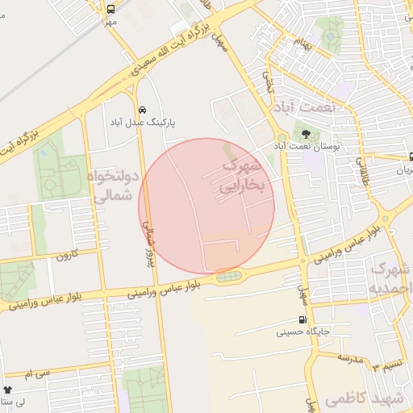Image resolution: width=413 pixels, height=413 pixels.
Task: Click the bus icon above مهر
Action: click(111, 9)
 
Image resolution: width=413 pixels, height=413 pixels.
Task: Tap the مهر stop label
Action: click(110, 22)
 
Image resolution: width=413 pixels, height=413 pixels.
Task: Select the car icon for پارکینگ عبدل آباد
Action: click(142, 109)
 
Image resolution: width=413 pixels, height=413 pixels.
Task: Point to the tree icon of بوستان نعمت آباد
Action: click(306, 133)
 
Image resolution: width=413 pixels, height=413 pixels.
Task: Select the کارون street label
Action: click(65, 256)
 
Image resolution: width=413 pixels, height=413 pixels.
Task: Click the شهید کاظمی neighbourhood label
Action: click(362, 398)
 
